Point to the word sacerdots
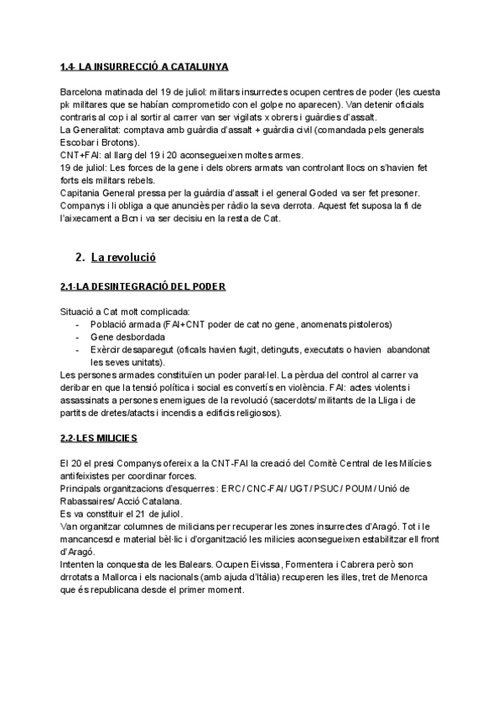point(307,401)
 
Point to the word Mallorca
point(114,577)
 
